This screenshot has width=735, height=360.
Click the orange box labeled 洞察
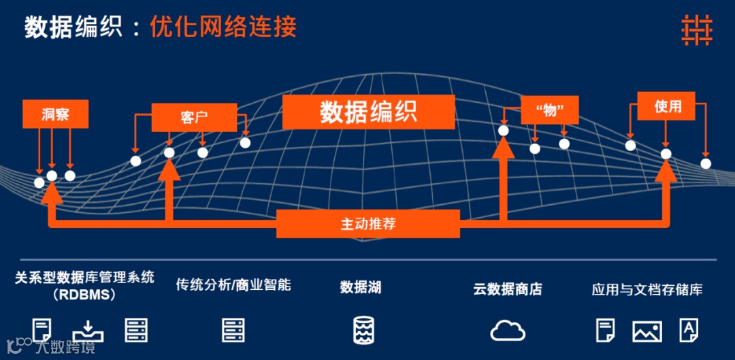pyautogui.click(x=55, y=114)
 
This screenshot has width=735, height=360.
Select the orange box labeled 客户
pyautogui.click(x=194, y=117)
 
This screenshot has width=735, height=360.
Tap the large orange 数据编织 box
pyautogui.click(x=368, y=112)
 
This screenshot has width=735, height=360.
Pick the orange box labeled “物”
pyautogui.click(x=549, y=110)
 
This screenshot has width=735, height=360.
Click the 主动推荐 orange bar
pyautogui.click(x=368, y=223)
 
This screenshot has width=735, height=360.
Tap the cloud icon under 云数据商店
pyautogui.click(x=508, y=330)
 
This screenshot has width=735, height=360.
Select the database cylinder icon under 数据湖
pyautogui.click(x=361, y=330)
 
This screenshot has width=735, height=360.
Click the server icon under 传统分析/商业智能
pyautogui.click(x=233, y=330)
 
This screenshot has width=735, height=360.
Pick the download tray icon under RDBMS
pyautogui.click(x=88, y=330)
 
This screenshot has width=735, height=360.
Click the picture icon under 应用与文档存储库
pyautogui.click(x=647, y=331)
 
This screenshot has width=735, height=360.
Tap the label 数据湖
pyautogui.click(x=361, y=288)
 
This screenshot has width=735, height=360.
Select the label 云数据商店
pyautogui.click(x=508, y=289)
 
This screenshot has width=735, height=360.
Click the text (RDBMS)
pyautogui.click(x=84, y=295)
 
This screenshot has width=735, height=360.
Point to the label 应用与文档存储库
pyautogui.click(x=647, y=290)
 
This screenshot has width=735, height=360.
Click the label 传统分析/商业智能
pyautogui.click(x=233, y=284)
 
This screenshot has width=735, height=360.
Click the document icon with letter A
pyautogui.click(x=689, y=331)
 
